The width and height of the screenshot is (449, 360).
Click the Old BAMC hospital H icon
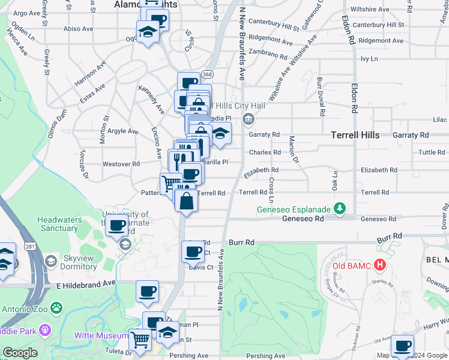point(379,264)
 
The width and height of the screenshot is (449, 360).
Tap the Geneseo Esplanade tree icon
point(340,208)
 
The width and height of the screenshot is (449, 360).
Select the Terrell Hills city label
point(355,135)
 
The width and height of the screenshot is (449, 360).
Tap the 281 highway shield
point(31,246)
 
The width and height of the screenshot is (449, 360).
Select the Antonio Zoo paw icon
point(56,308)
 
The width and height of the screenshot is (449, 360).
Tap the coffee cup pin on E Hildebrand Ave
point(147,293)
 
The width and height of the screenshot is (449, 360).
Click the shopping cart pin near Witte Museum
point(140,340)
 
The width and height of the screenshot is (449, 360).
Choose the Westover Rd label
point(121,163)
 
